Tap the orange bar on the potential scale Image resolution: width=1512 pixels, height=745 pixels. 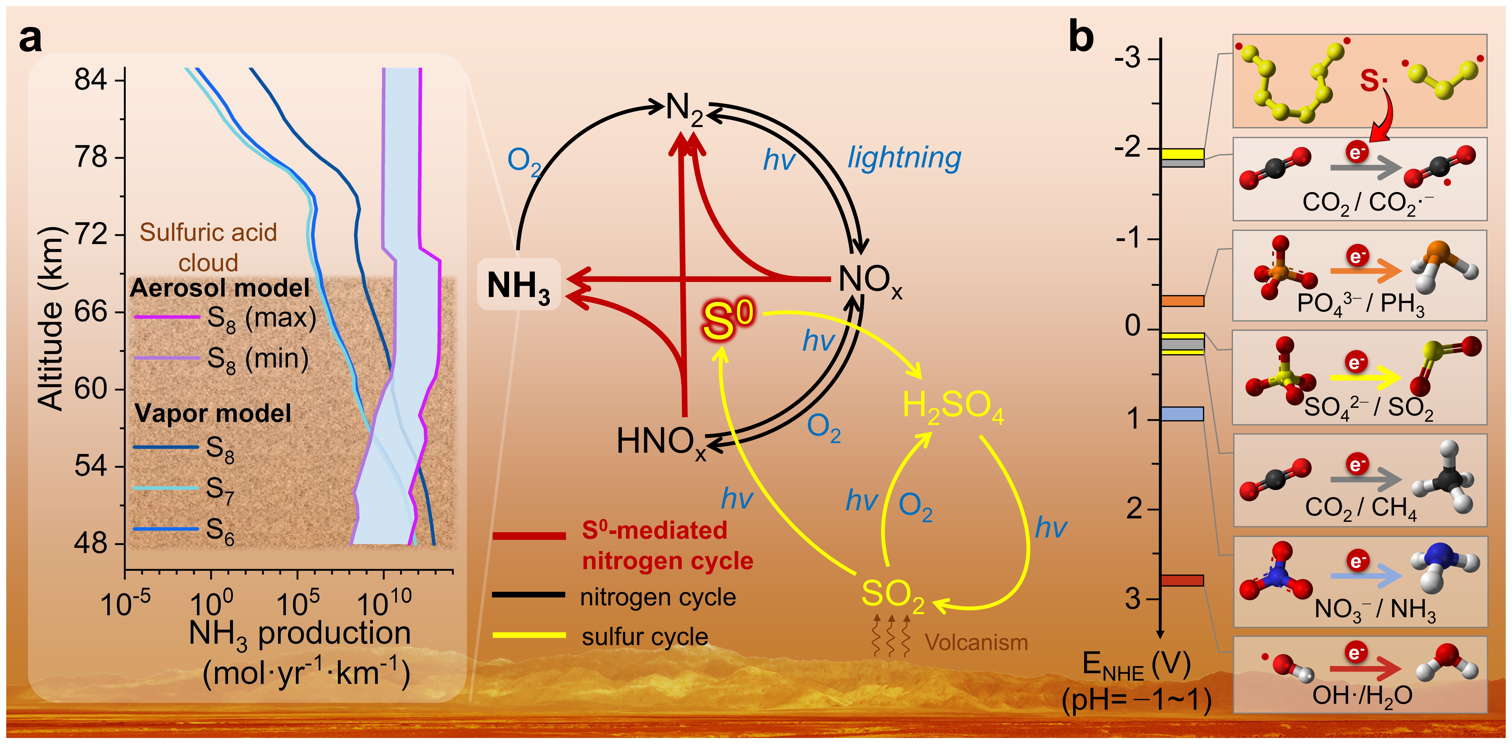click(x=1182, y=301)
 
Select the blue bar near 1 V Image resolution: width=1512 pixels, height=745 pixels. click(x=1182, y=414)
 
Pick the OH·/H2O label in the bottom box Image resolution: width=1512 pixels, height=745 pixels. click(x=1362, y=696)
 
